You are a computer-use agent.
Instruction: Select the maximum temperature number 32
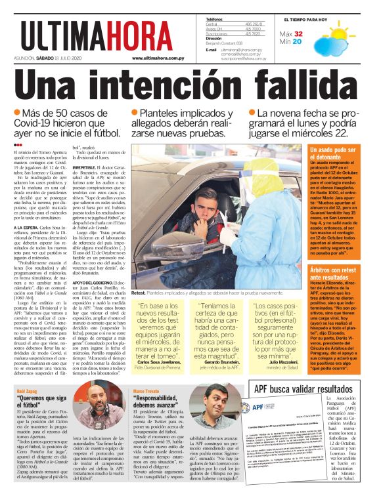tap(298, 33)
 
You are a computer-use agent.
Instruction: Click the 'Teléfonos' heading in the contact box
tap(218, 20)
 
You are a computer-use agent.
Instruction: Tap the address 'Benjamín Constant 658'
tap(225, 43)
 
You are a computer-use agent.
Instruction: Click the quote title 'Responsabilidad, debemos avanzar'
tap(160, 402)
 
